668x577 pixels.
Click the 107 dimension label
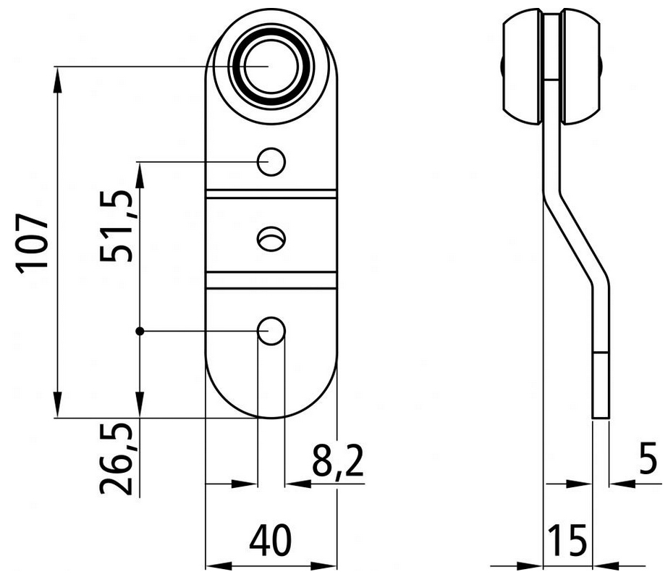(x=34, y=243)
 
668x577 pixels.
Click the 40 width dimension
(x=271, y=539)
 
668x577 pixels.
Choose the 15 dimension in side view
(x=567, y=539)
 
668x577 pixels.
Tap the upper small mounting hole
(x=271, y=161)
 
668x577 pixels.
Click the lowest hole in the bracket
(x=271, y=331)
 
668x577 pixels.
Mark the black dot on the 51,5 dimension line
(x=139, y=331)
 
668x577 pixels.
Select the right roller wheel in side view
(x=583, y=67)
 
